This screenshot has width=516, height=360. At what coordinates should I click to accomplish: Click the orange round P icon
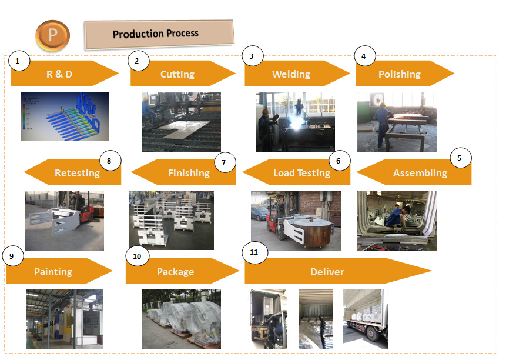click(52, 35)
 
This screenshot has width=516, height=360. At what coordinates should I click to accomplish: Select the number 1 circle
click(19, 61)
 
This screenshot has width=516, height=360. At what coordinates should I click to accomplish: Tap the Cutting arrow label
click(177, 74)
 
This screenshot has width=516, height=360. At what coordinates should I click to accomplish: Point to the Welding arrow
click(291, 74)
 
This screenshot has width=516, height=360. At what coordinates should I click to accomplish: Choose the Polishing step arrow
click(400, 74)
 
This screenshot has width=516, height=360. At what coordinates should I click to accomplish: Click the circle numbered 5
click(460, 158)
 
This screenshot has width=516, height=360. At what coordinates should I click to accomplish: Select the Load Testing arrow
click(301, 173)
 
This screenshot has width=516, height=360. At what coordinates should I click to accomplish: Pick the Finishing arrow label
click(189, 173)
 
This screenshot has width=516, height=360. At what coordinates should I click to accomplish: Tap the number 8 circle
click(110, 160)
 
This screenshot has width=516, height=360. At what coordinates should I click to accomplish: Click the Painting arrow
click(53, 272)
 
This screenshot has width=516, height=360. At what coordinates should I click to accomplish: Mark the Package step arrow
click(176, 272)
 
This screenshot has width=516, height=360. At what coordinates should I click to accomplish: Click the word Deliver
click(327, 272)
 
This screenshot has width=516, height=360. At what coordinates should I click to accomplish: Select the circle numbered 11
click(254, 252)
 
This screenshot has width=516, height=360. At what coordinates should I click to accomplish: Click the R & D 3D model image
click(65, 116)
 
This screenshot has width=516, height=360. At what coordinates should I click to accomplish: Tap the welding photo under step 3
click(295, 122)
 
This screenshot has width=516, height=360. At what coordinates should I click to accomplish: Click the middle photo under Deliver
click(316, 319)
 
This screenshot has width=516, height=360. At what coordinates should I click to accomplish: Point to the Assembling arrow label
click(420, 173)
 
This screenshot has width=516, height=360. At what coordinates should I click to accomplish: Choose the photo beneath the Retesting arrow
click(64, 220)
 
